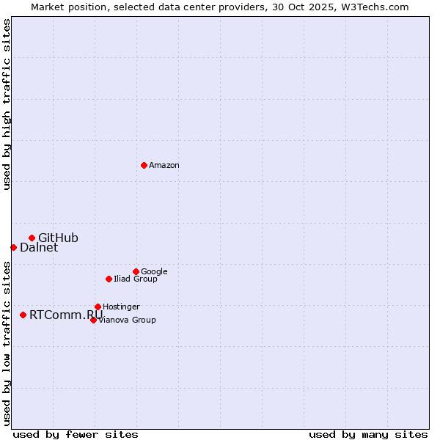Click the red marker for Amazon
coord(144,165)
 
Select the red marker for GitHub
coord(32,238)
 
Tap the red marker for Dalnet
coord(13,247)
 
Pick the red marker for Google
coord(136,271)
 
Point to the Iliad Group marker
coord(109,279)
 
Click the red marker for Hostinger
coord(98,307)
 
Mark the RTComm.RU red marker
coord(23,315)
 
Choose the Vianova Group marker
coord(93,320)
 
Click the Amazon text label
coord(164,166)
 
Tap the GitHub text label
coord(58,238)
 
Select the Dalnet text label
coord(39,248)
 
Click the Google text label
coord(154,272)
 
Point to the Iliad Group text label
coord(136,279)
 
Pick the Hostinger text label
coord(121,307)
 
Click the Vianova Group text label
coord(127,320)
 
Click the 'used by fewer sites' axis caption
coord(76,434)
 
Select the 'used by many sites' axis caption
coord(368,434)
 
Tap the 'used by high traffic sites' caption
coord(7,104)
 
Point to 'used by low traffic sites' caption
coord(7,343)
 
